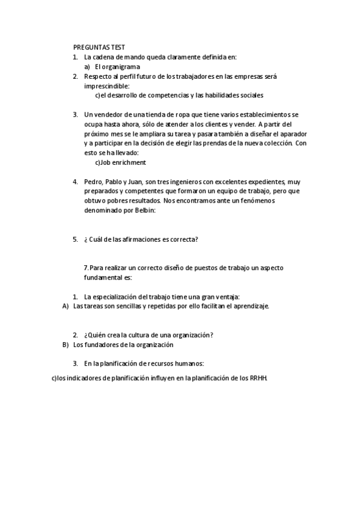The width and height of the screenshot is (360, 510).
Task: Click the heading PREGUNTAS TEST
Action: pos(99,47)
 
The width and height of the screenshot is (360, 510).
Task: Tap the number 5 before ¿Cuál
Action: pos(75,239)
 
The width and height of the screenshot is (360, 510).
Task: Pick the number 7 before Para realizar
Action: pos(86,268)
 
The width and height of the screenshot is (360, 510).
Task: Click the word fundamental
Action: pos(103,278)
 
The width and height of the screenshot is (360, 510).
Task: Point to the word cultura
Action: pos(150,335)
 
